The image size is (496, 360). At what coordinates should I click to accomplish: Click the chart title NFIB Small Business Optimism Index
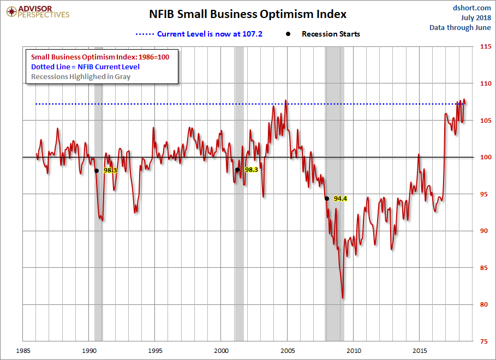coord(248,14)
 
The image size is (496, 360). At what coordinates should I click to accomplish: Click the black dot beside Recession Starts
coord(288,34)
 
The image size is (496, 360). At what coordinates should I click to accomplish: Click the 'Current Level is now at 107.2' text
coord(210,34)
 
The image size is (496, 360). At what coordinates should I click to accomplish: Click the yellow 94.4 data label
coord(340,199)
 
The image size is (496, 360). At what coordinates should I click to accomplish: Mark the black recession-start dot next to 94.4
coord(326,199)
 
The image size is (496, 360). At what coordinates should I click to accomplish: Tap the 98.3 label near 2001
coord(251,170)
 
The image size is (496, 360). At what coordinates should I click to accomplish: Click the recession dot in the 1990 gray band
coord(97,170)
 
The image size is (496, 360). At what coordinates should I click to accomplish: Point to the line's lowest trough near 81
coord(343,298)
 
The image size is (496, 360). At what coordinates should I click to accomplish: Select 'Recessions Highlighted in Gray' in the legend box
coord(81,76)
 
